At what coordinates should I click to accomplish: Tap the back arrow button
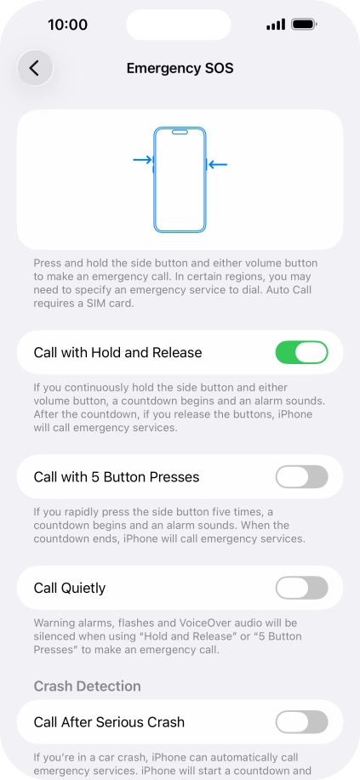pos(35,68)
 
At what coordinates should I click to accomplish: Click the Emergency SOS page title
pos(180,68)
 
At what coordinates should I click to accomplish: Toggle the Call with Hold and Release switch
pos(301,352)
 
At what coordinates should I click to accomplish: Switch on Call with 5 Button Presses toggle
pos(301,476)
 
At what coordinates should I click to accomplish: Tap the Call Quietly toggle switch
pos(301,588)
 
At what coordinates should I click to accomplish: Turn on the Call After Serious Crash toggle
pos(301,722)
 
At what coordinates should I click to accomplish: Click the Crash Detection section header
pos(87,686)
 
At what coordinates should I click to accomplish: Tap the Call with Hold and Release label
pos(117,352)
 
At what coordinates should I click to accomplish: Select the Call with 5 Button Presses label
pos(116,477)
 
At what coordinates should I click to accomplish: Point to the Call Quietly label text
pos(70,588)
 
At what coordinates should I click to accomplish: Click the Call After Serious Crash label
pos(109,722)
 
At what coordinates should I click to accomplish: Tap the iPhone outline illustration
pos(180,179)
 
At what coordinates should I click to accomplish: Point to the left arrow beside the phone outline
pos(143,159)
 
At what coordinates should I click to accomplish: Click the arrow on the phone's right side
pos(218,164)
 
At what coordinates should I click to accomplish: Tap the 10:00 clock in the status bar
pos(68,25)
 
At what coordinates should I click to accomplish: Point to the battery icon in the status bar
pos(304,25)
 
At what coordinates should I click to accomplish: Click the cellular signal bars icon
pos(275,25)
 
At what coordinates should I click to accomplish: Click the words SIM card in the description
pos(107,304)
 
